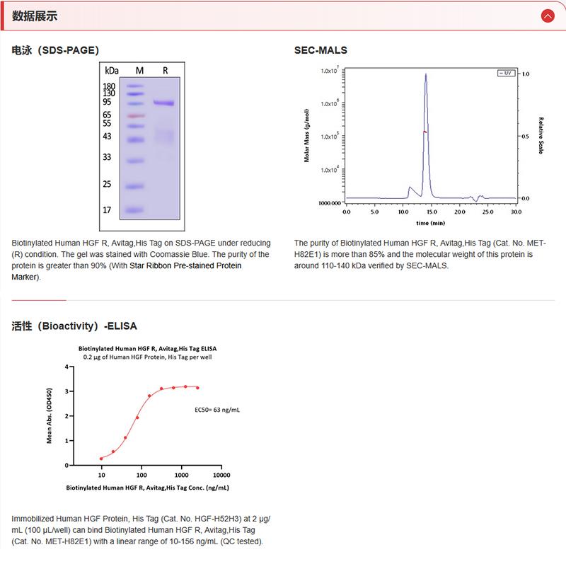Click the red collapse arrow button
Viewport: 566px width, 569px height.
pos(547,16)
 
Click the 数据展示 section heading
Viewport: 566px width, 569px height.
pos(35,16)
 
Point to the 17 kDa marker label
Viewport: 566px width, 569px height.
pos(108,210)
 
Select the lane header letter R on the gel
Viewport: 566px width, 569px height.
pos(165,71)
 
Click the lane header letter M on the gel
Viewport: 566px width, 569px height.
pos(139,71)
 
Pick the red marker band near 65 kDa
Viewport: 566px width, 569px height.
pos(136,115)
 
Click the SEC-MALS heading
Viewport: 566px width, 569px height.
pos(320,50)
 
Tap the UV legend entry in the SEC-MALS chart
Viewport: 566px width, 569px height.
pos(506,73)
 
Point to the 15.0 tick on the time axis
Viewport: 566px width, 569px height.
pos(431,212)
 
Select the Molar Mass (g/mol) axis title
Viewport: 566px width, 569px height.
pos(307,136)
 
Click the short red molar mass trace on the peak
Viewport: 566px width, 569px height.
pos(424,132)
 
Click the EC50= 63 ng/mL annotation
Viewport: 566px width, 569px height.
pos(217,410)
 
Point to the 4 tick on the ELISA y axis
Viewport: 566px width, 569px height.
pos(65,367)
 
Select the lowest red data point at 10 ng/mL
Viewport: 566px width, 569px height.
pos(101,458)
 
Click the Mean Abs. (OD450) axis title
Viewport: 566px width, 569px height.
pos(50,415)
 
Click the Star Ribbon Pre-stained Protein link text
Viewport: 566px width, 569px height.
pos(185,265)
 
